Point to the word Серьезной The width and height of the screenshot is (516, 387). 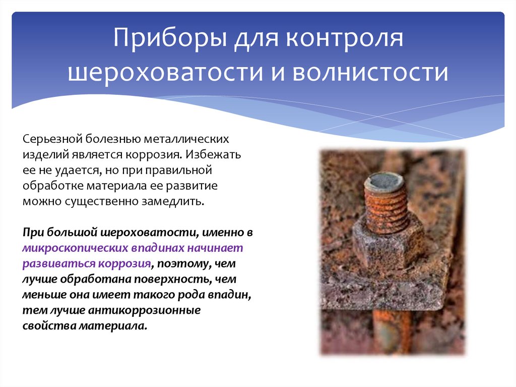click(x=52, y=138)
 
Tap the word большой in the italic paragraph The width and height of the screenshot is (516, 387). click(x=71, y=233)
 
